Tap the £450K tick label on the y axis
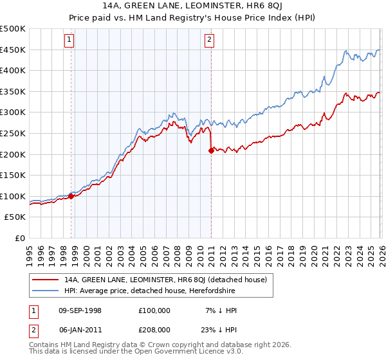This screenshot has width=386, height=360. coord(13,50)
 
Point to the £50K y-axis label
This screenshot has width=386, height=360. coord(15,217)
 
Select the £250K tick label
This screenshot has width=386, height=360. coord(13,133)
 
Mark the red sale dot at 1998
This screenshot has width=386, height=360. coord(71,196)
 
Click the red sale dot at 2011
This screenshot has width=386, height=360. coord(210,151)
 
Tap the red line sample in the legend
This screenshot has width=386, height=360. coord(46,280)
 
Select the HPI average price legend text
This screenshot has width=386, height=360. coord(150,291)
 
